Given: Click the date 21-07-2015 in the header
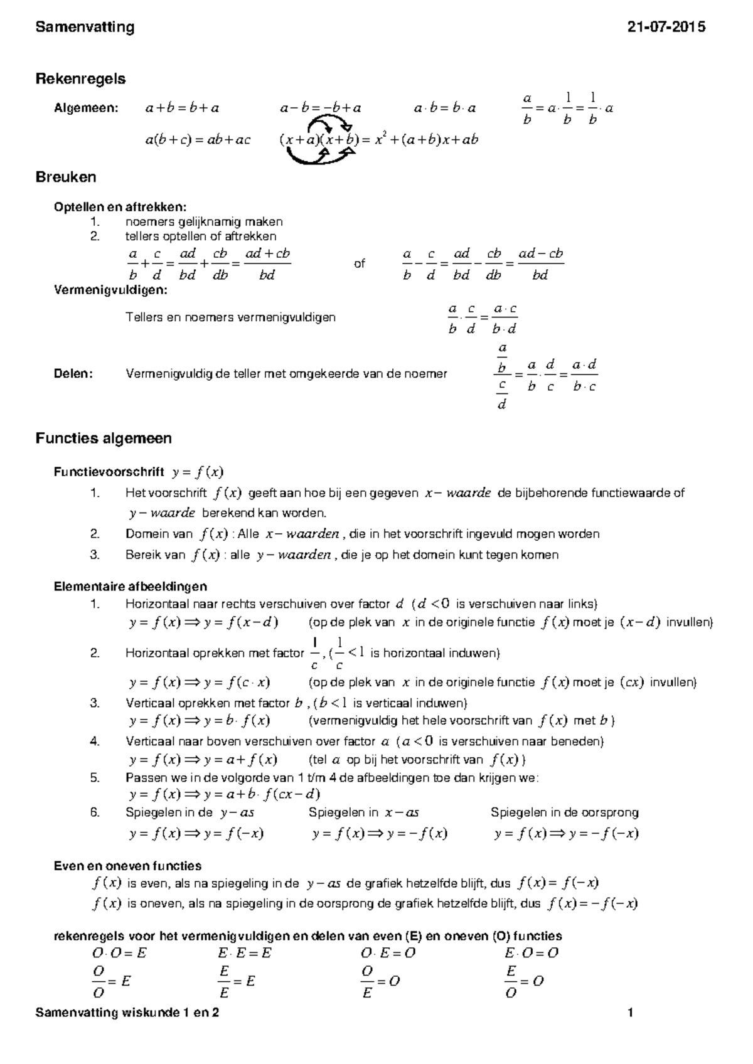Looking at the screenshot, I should [666, 27].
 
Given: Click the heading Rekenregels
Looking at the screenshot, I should [80, 79].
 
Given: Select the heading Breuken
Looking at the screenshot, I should [66, 177].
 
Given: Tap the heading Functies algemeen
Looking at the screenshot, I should [104, 438].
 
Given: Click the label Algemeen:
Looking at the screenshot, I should [86, 108].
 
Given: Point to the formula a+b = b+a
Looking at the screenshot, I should [182, 108].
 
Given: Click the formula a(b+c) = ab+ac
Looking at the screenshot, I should [198, 140].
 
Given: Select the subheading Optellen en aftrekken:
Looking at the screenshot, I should [120, 207].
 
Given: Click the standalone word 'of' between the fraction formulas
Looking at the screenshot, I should [359, 263].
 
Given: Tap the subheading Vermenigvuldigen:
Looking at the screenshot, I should [111, 290].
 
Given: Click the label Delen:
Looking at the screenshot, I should [73, 374].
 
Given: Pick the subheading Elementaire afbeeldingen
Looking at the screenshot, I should [131, 587].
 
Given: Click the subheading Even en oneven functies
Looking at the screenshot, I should [127, 866].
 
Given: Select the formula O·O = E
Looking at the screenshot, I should [119, 953].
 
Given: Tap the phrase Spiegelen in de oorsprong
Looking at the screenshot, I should [565, 812].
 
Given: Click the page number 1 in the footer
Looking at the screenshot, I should [631, 1012].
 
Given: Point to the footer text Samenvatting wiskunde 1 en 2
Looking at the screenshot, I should [127, 1012].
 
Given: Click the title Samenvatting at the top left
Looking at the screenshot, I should [85, 27].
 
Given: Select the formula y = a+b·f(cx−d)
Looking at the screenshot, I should [225, 794].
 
